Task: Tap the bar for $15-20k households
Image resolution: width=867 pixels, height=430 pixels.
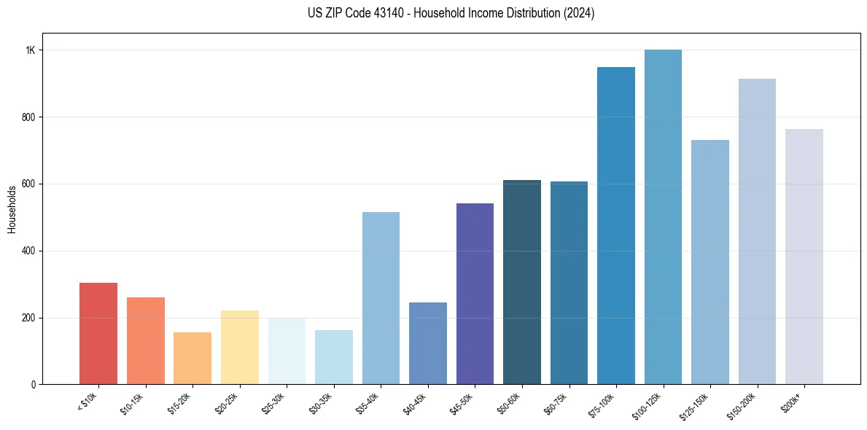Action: [x=193, y=358]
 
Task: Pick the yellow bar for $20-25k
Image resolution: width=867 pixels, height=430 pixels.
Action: [x=239, y=347]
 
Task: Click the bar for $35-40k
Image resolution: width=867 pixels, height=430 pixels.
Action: [x=381, y=298]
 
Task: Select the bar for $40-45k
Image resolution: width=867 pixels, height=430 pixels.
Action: [x=428, y=343]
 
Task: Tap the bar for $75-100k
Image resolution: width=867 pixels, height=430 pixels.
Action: [x=616, y=225]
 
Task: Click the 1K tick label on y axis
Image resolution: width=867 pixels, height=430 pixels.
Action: [x=30, y=50]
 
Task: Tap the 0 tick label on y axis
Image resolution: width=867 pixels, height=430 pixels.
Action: [x=33, y=385]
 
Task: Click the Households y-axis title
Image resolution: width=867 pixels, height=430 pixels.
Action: [x=12, y=209]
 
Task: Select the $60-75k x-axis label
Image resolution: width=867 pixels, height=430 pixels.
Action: [x=556, y=404]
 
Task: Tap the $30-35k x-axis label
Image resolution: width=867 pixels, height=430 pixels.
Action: [x=320, y=404]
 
